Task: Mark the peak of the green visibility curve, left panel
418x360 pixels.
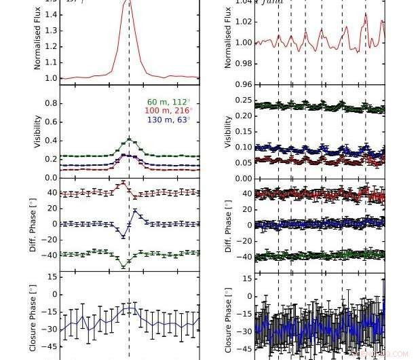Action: [x=129, y=139]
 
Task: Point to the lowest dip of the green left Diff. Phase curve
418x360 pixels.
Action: [x=123, y=266]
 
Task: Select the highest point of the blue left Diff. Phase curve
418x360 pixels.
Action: [x=135, y=211]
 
